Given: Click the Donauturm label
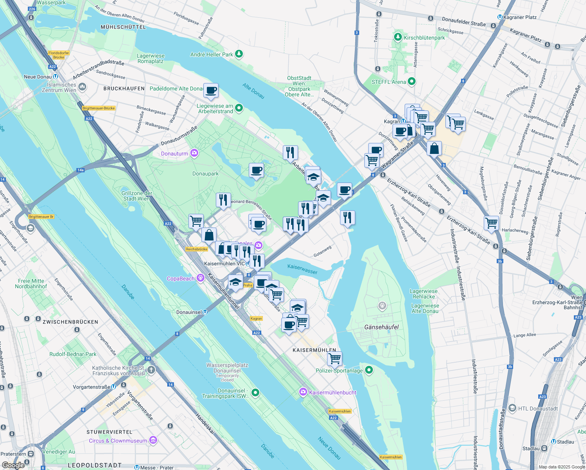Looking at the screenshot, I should point(175,154).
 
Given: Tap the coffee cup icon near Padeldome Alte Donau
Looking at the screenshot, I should point(211,91).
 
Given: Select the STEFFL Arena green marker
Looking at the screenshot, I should point(411,81).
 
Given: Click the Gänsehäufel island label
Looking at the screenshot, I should point(381,327).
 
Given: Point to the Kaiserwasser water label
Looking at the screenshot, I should point(302,269).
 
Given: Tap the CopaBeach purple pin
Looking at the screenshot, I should point(201,278).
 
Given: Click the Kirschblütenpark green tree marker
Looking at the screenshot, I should point(398,37).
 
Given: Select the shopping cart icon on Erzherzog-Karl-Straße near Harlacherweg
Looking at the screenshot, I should point(491,223).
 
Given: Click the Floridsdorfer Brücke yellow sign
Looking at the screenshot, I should point(59,55).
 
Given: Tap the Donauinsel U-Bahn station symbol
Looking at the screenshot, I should point(205,312).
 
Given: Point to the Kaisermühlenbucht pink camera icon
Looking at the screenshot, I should point(303,392).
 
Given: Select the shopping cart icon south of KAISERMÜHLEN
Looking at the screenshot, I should point(335,358).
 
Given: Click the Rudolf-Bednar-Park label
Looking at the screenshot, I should point(73,354).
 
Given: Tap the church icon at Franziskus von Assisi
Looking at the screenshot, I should point(151,369).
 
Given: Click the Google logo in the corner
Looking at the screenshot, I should point(13,465).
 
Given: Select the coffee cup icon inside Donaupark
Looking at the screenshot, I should point(256,170).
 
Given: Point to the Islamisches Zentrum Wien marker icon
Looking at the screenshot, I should point(82,87).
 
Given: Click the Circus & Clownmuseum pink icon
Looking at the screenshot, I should point(153,441).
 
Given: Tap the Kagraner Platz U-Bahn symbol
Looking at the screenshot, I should point(500,17).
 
